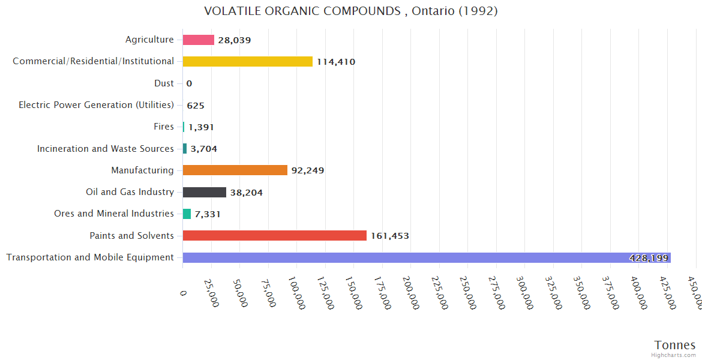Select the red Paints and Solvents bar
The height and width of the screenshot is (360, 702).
tap(274, 235)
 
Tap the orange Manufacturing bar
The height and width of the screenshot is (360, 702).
tap(235, 170)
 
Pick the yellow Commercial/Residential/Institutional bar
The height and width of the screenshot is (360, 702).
tap(247, 61)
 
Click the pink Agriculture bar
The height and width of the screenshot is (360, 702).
tap(198, 40)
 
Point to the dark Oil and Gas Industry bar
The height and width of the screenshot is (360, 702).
tap(204, 192)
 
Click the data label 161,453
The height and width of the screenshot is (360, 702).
tap(390, 236)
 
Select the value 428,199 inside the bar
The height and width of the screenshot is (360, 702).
tap(649, 258)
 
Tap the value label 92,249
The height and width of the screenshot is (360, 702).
tap(308, 170)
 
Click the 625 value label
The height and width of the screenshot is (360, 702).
tap(196, 106)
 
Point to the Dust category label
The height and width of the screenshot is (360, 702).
tap(164, 83)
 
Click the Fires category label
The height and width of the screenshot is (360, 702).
tap(164, 127)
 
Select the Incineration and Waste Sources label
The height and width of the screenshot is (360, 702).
tap(106, 148)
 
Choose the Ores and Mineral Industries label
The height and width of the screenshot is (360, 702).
tap(114, 214)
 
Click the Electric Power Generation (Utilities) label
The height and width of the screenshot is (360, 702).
tap(96, 105)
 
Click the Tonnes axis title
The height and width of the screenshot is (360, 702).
tap(675, 345)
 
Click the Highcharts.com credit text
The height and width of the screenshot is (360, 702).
tap(674, 355)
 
